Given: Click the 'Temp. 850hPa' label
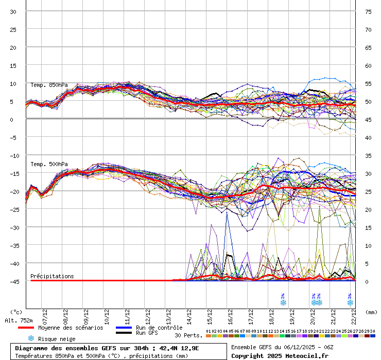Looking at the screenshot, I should pos(49,85).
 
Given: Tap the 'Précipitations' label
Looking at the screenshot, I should pos(52,276).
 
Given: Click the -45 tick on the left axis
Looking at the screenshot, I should pos(14,281).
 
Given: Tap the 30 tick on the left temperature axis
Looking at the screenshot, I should pos(13,11).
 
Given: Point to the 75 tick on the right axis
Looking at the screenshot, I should pos(368,11).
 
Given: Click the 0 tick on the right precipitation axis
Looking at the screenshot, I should pos(367,281).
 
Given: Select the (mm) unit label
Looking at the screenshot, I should pos(371,312).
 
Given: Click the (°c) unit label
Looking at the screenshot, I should pos(16,312).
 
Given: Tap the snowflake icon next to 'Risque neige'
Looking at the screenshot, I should pos(31,338).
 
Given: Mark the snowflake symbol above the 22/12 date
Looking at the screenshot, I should pos(350,302).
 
